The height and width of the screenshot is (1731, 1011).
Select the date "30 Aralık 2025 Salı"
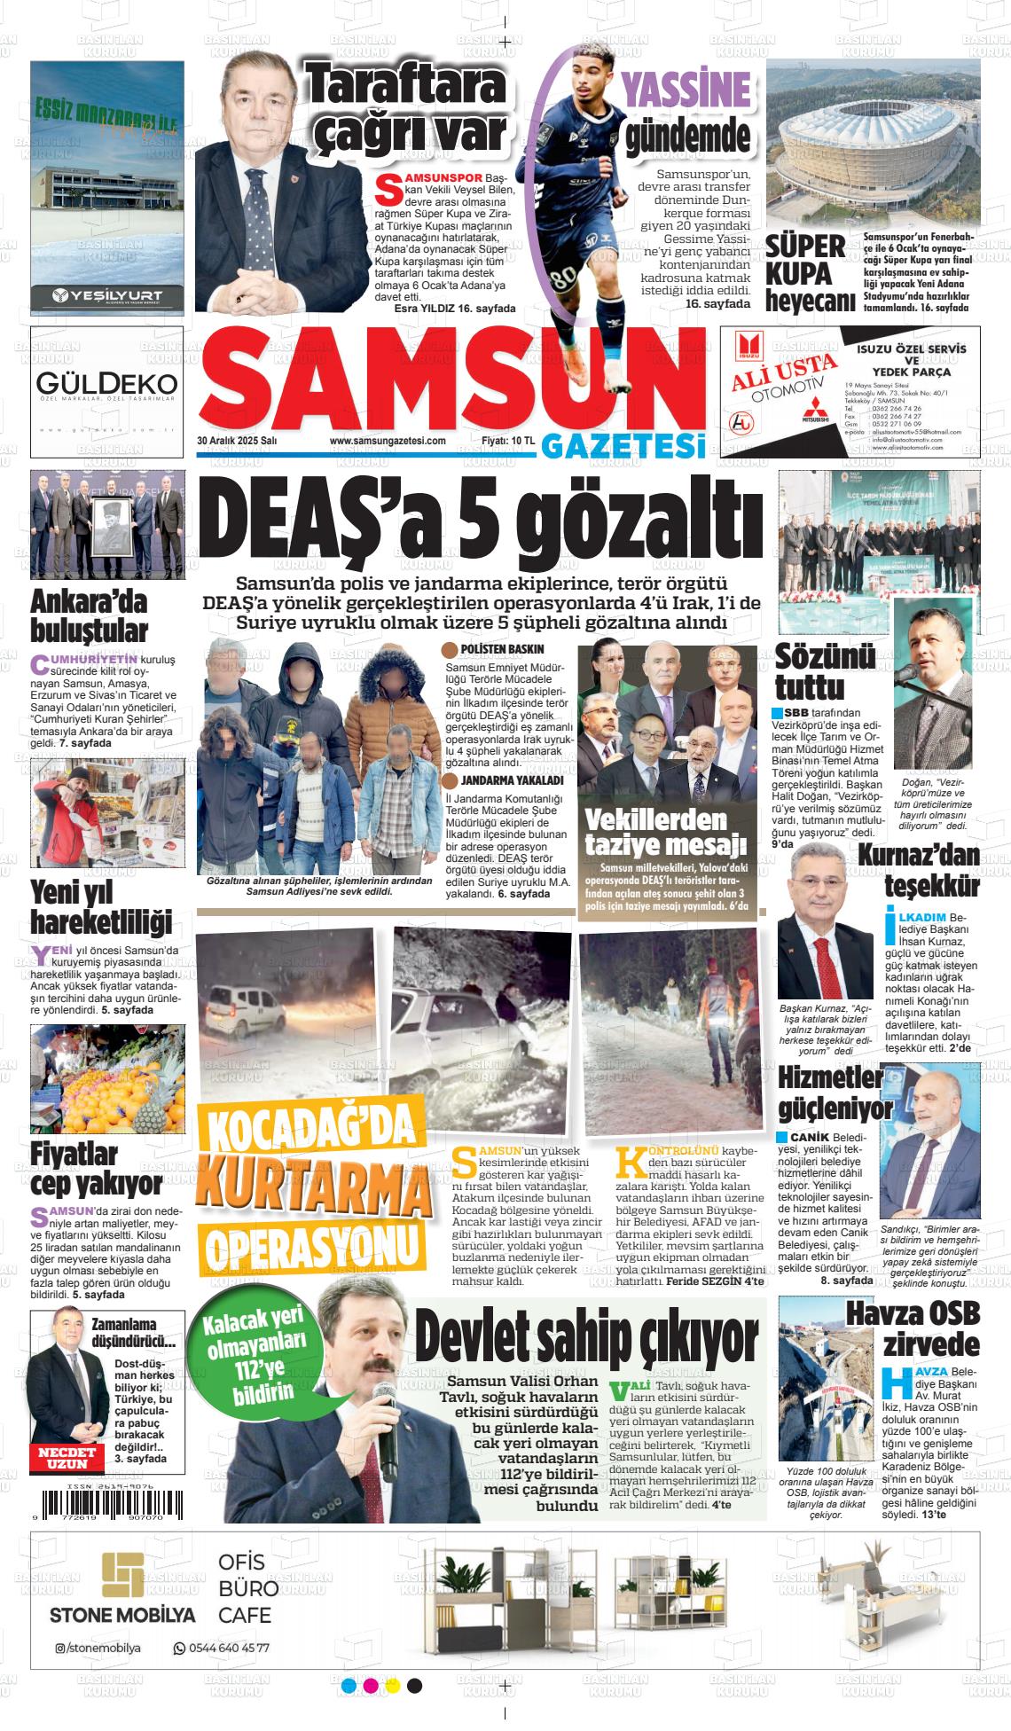coord(238,441)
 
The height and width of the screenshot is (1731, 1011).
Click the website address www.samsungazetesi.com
coord(387,441)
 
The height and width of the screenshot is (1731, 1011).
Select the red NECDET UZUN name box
coord(65,1457)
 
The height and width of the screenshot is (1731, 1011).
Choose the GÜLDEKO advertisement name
coord(107,383)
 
